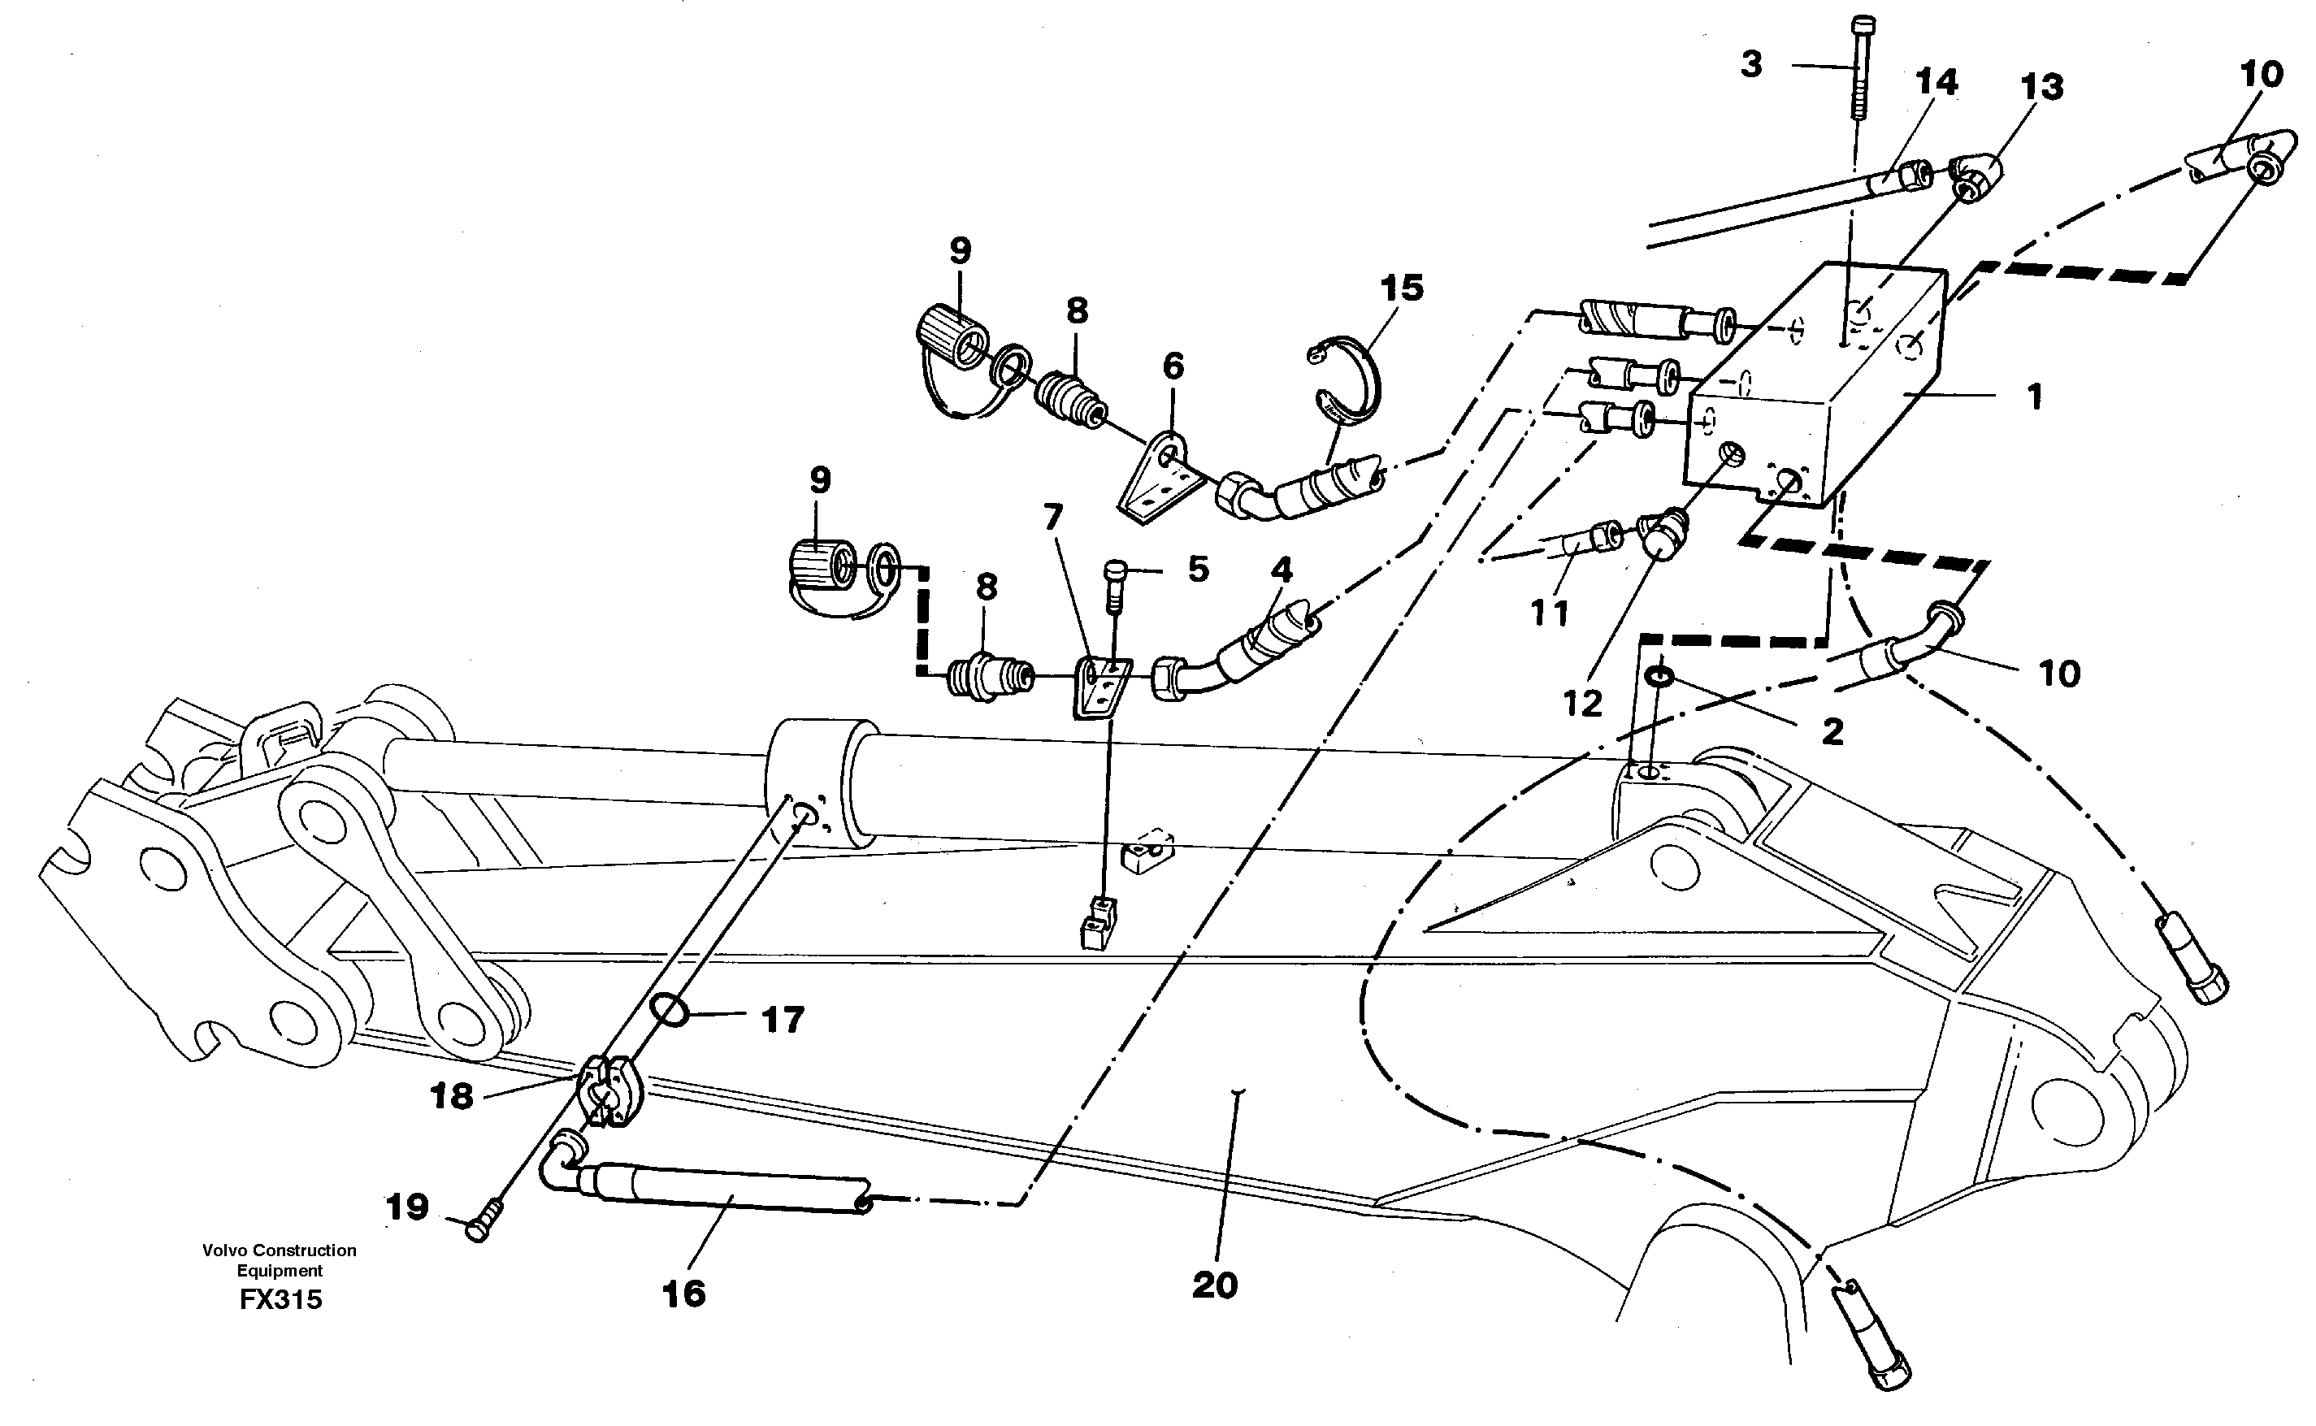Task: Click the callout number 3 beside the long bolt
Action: (x=1751, y=65)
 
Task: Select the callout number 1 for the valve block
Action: (x=2035, y=397)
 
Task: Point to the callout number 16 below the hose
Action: (x=683, y=1294)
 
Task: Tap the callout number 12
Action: (x=1582, y=703)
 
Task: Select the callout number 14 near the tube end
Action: (x=1936, y=83)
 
